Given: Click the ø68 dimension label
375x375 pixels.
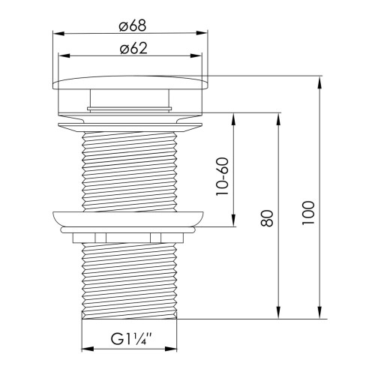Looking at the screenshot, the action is (x=132, y=26).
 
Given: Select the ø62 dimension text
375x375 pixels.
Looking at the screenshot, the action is (x=133, y=48).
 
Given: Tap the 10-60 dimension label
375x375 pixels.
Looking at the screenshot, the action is (x=223, y=176).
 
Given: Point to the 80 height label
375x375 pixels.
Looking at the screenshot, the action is (x=267, y=218).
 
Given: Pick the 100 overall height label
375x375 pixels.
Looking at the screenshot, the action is (x=308, y=213).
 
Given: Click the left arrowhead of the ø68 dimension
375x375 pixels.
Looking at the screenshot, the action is (x=58, y=33).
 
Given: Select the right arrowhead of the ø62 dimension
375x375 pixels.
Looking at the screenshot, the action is (x=196, y=55).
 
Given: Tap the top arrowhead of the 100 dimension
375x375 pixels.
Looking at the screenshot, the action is (x=319, y=82).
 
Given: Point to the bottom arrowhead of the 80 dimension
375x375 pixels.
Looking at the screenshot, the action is (x=278, y=312).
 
